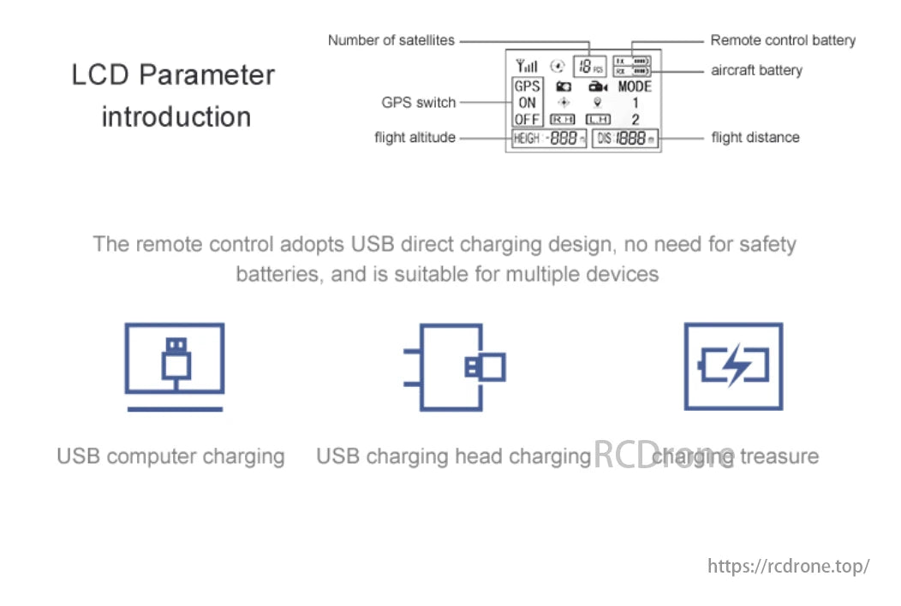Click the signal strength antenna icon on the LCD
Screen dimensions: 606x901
click(527, 66)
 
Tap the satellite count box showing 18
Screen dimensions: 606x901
click(588, 65)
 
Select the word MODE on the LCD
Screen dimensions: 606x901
click(635, 86)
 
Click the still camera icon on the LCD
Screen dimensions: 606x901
click(563, 86)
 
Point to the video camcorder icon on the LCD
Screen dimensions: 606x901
click(597, 86)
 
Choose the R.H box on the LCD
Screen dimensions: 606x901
click(562, 120)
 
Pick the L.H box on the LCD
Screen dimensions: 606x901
click(598, 120)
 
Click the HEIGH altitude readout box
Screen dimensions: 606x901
click(549, 139)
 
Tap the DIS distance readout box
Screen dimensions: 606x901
click(625, 139)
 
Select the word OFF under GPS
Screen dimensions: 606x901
click(528, 120)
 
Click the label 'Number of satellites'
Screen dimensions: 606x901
click(391, 40)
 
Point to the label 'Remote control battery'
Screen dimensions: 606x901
click(783, 40)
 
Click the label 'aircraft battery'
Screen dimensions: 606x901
click(756, 70)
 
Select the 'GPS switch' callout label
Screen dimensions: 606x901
click(419, 103)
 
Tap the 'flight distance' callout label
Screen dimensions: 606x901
click(755, 137)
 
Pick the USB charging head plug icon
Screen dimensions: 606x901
click(455, 366)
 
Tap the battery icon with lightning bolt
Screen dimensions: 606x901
click(733, 366)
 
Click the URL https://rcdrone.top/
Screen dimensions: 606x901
click(789, 566)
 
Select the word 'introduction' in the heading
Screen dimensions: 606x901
click(176, 116)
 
